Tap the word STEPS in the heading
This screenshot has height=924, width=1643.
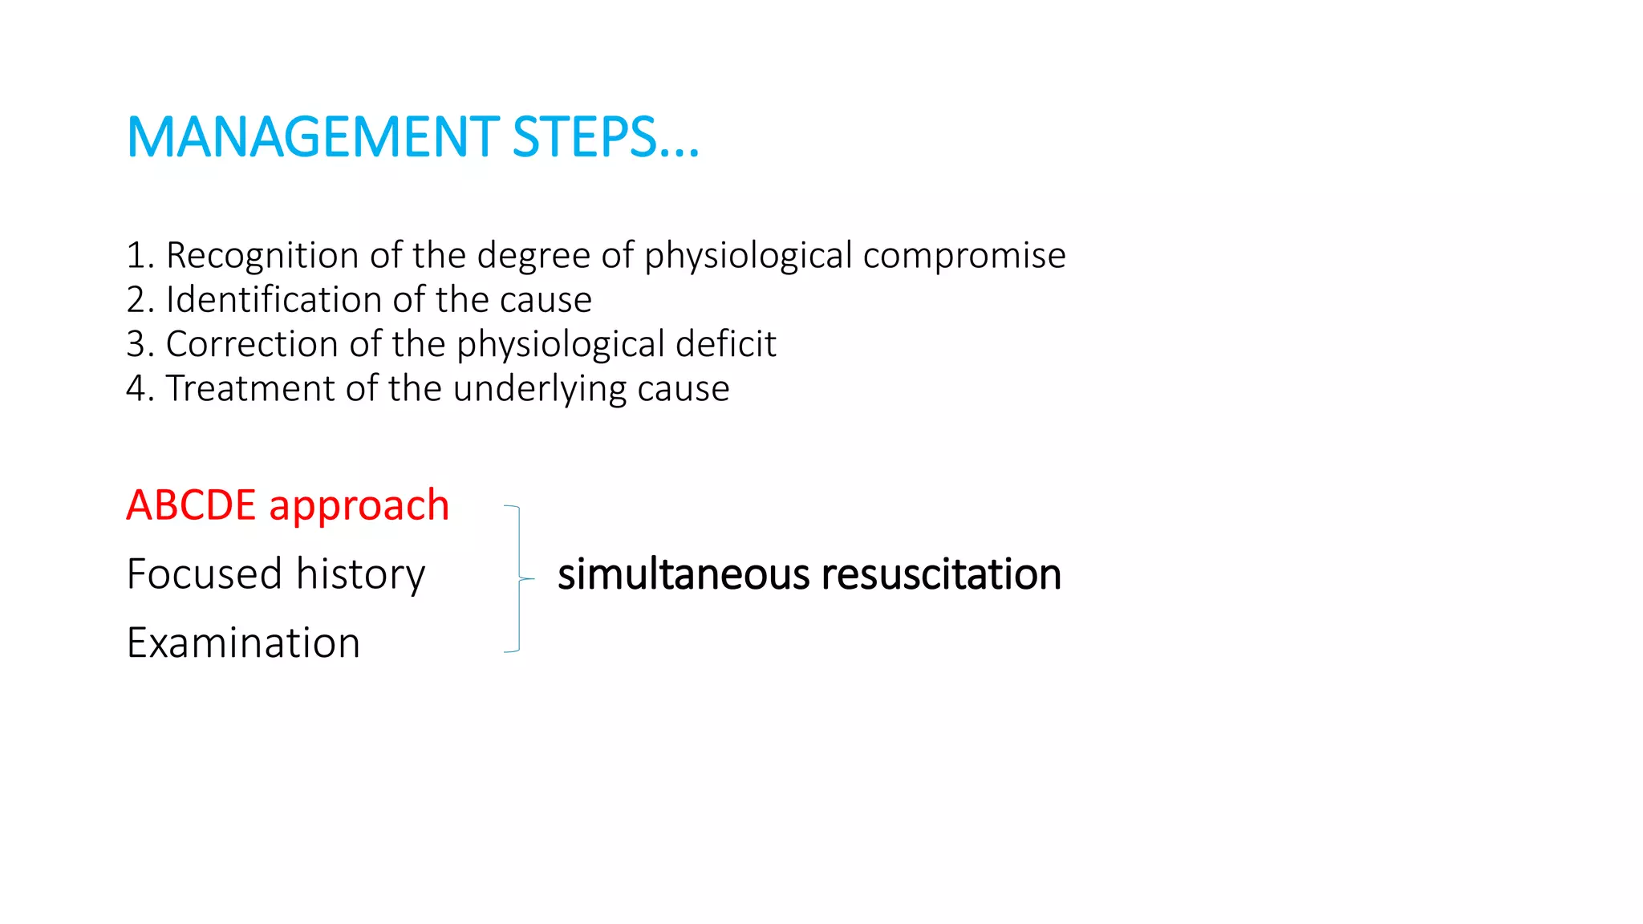point(586,137)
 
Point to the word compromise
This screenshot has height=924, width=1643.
point(964,256)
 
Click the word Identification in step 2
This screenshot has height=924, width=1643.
point(274,300)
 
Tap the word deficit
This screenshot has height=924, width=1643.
point(725,344)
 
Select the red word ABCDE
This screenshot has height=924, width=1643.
point(191,505)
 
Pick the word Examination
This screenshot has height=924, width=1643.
point(243,643)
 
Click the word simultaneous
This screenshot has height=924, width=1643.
point(684,575)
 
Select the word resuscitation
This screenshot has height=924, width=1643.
point(941,575)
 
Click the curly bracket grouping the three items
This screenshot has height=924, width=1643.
point(519,578)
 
